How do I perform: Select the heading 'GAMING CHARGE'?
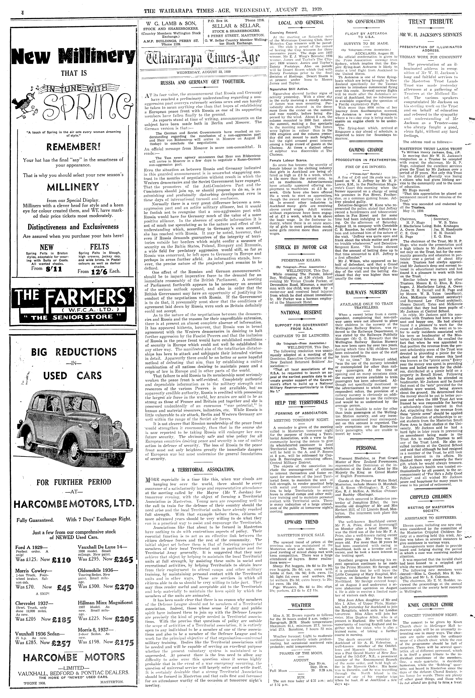pyautogui.click(x=366, y=150)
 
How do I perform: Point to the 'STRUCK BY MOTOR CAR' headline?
pyautogui.click(x=301, y=247)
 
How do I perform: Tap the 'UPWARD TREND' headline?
pyautogui.click(x=301, y=522)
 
